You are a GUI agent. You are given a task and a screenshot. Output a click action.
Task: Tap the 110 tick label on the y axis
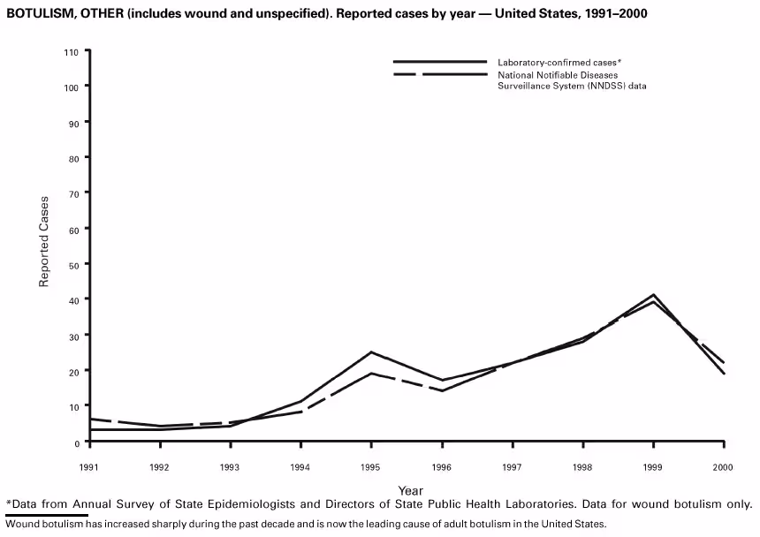point(72,52)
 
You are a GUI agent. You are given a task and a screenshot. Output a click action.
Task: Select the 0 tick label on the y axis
point(76,442)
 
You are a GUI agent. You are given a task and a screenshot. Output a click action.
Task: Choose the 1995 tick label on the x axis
point(371,465)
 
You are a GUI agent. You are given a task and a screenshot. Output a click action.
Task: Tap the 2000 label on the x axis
point(724,465)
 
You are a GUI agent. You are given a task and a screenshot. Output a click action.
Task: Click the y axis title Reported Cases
point(43,241)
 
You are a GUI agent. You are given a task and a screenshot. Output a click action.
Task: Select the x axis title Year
point(410,490)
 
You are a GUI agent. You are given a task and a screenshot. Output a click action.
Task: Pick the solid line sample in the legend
point(440,62)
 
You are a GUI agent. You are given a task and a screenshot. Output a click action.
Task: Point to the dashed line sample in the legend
point(440,75)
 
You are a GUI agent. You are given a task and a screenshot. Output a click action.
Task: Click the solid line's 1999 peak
point(653,294)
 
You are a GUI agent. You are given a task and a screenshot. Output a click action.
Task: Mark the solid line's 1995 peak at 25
point(371,352)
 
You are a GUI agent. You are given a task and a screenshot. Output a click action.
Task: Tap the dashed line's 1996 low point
point(442,390)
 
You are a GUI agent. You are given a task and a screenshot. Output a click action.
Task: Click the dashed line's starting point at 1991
point(89,419)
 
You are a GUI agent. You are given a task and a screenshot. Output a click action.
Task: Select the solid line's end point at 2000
point(724,374)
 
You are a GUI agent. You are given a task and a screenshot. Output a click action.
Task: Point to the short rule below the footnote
point(47,514)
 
